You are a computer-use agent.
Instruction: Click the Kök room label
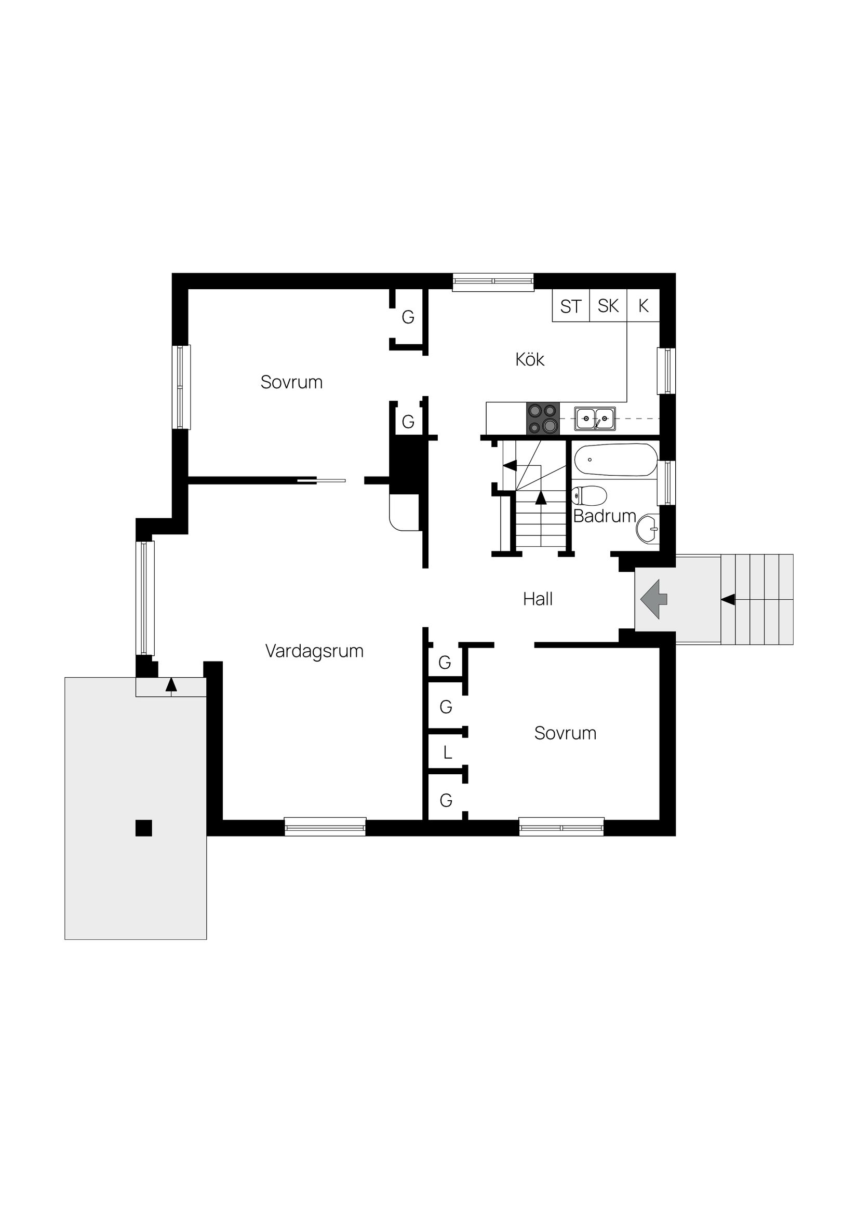[x=530, y=359]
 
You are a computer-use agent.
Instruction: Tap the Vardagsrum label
[x=314, y=651]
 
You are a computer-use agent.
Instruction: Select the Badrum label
[x=604, y=516]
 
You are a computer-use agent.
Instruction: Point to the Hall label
[x=538, y=599]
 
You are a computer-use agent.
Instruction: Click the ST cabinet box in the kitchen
[x=570, y=306]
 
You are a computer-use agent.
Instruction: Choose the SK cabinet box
[x=608, y=306]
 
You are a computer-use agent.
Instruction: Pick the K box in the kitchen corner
[x=643, y=306]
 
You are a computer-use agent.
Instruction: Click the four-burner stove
[x=542, y=419]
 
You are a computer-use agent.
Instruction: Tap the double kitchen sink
[x=595, y=419]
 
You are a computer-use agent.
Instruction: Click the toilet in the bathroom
[x=589, y=496]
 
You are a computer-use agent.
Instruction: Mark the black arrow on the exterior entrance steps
[x=728, y=599]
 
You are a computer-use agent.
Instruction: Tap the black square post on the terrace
[x=144, y=828]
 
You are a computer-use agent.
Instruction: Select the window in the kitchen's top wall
[x=493, y=282]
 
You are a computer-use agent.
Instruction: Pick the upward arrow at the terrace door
[x=170, y=684]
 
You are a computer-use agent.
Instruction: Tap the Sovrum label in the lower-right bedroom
[x=565, y=733]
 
